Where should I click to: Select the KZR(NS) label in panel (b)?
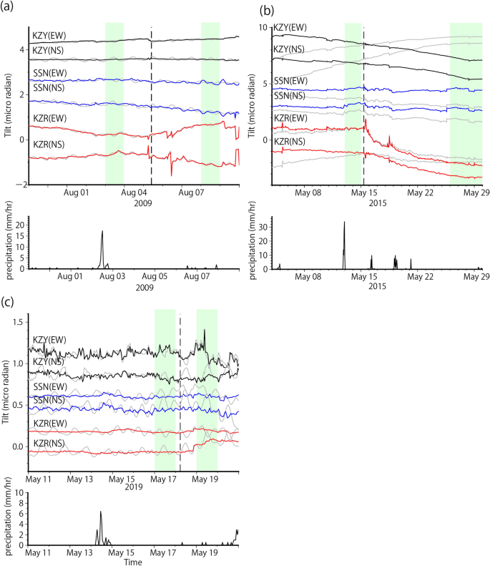(x=292, y=142)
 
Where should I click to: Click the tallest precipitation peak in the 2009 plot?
(x=102, y=232)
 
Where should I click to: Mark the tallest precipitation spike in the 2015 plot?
(x=344, y=223)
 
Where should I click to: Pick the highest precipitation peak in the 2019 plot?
(x=101, y=512)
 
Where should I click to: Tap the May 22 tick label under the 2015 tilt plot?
(x=421, y=192)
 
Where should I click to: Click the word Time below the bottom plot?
(x=133, y=562)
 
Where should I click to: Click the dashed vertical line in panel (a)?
(x=152, y=107)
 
